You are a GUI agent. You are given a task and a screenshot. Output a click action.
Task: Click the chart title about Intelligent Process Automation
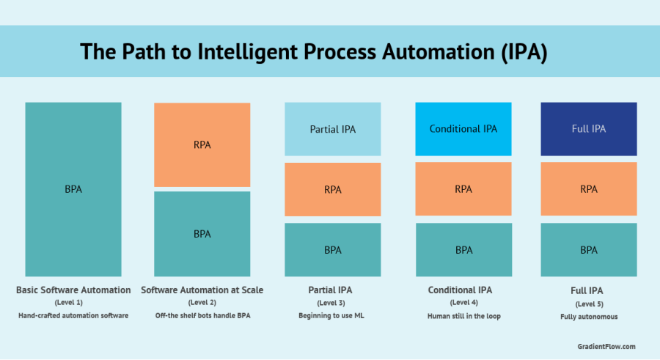click(313, 52)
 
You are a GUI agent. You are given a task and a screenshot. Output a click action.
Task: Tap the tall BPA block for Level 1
click(73, 189)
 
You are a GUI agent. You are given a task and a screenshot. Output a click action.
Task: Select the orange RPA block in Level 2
click(202, 144)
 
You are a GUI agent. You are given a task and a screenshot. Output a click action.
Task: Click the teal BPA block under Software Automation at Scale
click(202, 234)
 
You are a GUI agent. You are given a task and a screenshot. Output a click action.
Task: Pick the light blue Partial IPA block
click(332, 129)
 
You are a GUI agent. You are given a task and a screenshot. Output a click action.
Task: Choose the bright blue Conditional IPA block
click(463, 129)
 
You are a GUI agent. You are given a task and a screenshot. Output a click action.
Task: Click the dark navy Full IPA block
click(589, 129)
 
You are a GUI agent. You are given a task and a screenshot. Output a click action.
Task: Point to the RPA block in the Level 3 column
click(332, 189)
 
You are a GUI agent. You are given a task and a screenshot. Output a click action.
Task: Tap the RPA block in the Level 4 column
click(463, 189)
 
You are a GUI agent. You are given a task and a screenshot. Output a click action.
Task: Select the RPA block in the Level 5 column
click(589, 189)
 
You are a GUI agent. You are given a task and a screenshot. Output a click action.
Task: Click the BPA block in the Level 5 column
click(589, 250)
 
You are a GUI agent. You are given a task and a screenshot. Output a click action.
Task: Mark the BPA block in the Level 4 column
click(463, 250)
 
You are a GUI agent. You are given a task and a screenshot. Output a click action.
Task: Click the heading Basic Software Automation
click(73, 290)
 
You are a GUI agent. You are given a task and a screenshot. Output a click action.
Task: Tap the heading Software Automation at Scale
click(202, 290)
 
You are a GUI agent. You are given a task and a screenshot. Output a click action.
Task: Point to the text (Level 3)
click(332, 303)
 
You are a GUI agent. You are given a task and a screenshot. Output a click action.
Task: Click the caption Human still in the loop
click(463, 315)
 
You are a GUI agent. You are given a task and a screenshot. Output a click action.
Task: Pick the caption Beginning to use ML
click(332, 315)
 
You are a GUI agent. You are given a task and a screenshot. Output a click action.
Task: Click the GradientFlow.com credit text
click(606, 346)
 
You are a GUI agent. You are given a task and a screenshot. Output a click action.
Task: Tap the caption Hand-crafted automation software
click(73, 315)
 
